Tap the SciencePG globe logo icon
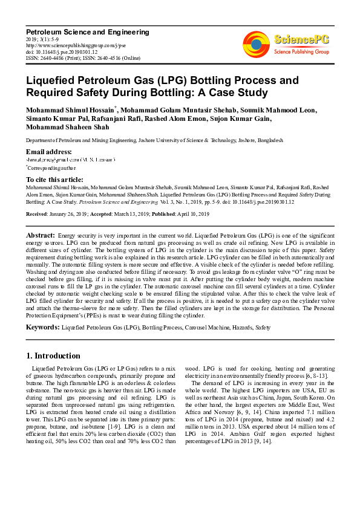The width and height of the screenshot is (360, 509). click(256, 44)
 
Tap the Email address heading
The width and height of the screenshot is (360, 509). click(49, 151)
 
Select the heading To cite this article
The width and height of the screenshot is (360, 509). click(55, 180)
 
